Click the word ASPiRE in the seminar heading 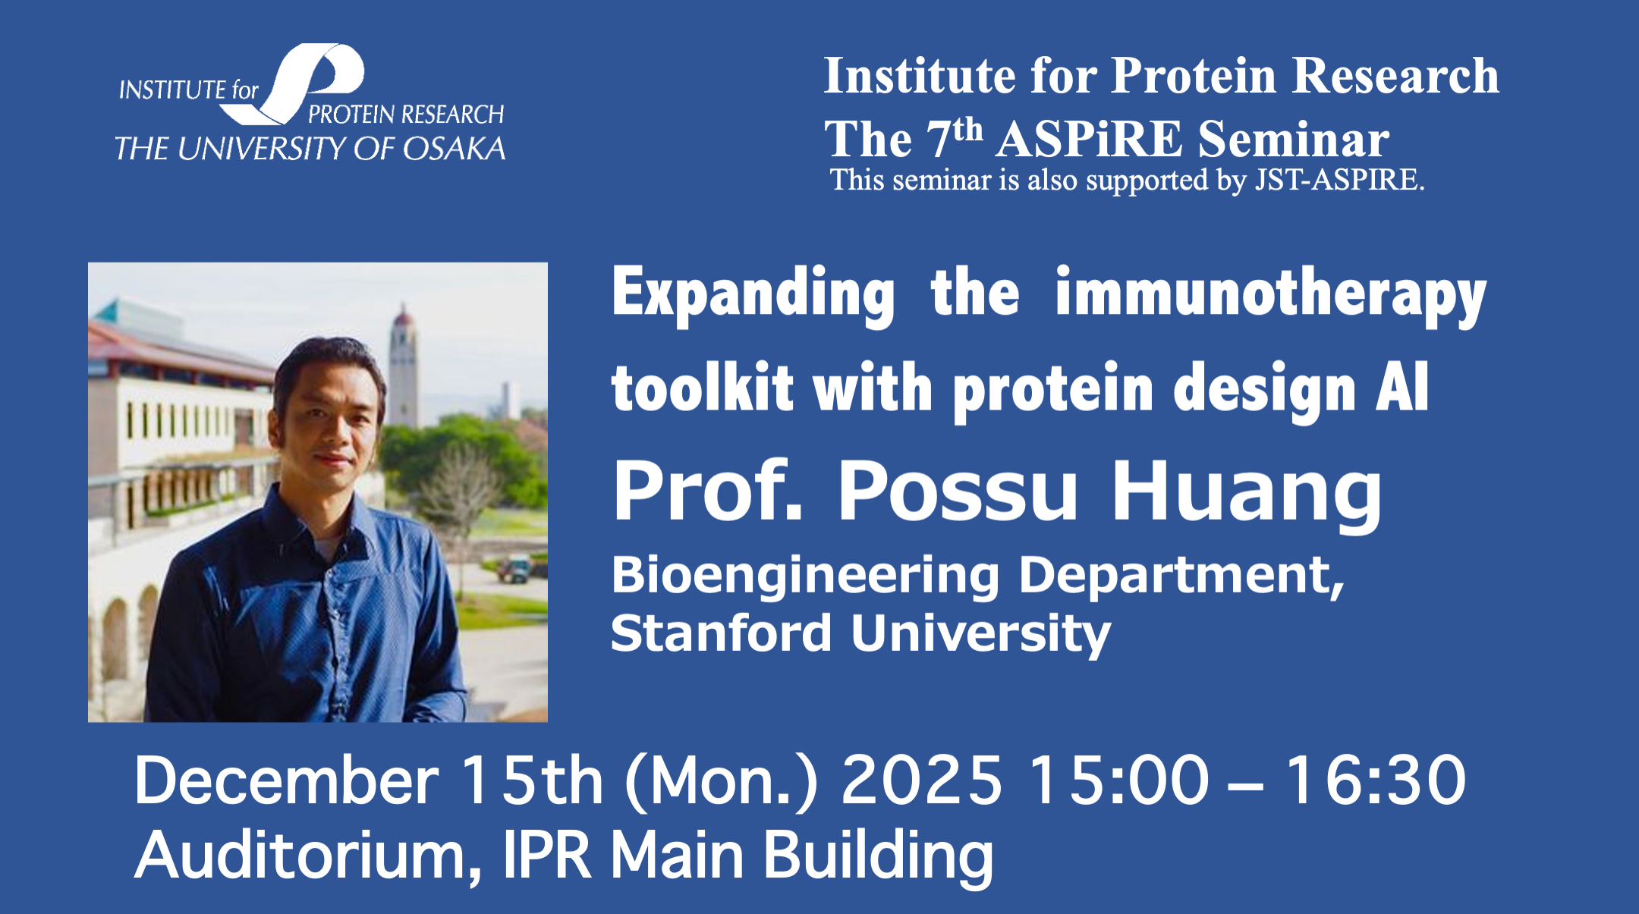pos(1089,140)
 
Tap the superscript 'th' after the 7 pos(968,130)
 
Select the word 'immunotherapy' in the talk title pos(1271,295)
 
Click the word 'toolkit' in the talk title pos(702,388)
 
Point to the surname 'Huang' pos(1247,493)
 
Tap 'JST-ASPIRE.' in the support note pos(1339,181)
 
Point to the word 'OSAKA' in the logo pos(454,149)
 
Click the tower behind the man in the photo pos(403,364)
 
